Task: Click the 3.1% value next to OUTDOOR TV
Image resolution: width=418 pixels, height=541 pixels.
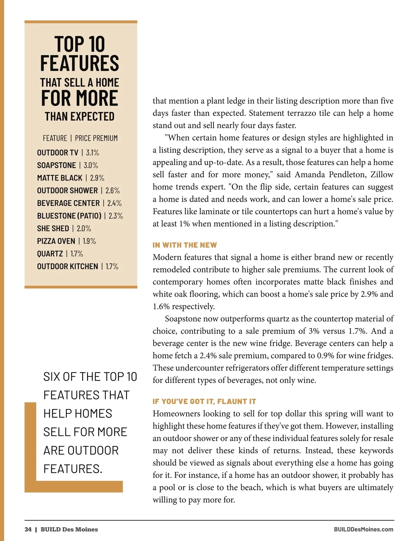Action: [93, 153]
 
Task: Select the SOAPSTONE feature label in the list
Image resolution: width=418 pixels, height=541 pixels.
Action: [56, 165]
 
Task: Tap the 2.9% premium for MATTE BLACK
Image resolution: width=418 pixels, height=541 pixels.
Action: [97, 178]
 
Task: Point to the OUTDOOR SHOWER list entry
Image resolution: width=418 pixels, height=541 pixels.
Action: [67, 191]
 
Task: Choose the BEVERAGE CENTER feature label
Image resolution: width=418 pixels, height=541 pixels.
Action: [68, 203]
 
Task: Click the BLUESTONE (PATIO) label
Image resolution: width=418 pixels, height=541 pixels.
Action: [69, 216]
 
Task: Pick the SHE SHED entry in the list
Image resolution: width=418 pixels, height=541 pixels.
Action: [53, 229]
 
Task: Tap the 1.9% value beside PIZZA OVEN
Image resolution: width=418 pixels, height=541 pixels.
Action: [90, 241]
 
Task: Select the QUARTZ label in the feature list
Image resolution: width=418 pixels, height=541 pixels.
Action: [50, 254]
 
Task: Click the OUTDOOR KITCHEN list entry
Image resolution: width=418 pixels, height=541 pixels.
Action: [68, 266]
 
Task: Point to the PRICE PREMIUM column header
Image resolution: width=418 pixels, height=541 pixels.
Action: [96, 138]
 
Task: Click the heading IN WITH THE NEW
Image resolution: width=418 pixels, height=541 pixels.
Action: [185, 245]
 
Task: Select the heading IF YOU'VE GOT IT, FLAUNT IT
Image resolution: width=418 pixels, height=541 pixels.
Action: [204, 401]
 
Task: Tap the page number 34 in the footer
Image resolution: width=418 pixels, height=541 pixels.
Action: [28, 530]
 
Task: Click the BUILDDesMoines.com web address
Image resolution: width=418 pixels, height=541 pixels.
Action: [363, 530]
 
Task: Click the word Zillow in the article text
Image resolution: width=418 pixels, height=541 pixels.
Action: [382, 175]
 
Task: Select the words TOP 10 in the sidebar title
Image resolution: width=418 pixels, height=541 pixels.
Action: [80, 44]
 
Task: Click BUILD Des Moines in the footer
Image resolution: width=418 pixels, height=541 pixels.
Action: [69, 530]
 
